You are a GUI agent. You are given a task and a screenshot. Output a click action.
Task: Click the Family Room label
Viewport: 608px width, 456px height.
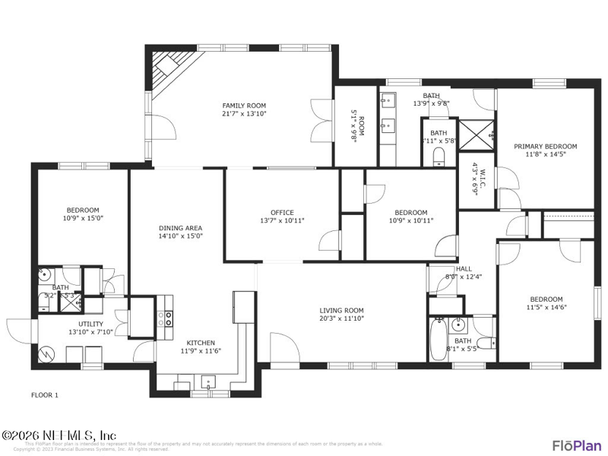tap(244, 106)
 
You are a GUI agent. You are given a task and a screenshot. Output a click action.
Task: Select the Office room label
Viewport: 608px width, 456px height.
tap(282, 213)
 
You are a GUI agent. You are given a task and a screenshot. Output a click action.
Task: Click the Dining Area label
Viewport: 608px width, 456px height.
tap(180, 227)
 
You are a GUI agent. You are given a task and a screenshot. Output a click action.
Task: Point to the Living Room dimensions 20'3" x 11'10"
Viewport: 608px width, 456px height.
tap(341, 318)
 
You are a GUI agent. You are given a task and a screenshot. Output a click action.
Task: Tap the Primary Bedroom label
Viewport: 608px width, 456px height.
tap(545, 147)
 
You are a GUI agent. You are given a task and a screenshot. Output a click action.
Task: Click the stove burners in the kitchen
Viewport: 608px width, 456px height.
tap(165, 318)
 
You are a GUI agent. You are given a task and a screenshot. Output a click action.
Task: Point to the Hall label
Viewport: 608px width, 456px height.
tap(464, 269)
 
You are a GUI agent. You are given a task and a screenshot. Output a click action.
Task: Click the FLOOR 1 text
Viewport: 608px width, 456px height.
tap(44, 394)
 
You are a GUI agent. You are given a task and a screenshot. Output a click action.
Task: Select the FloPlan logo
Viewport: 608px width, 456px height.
tap(576, 444)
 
